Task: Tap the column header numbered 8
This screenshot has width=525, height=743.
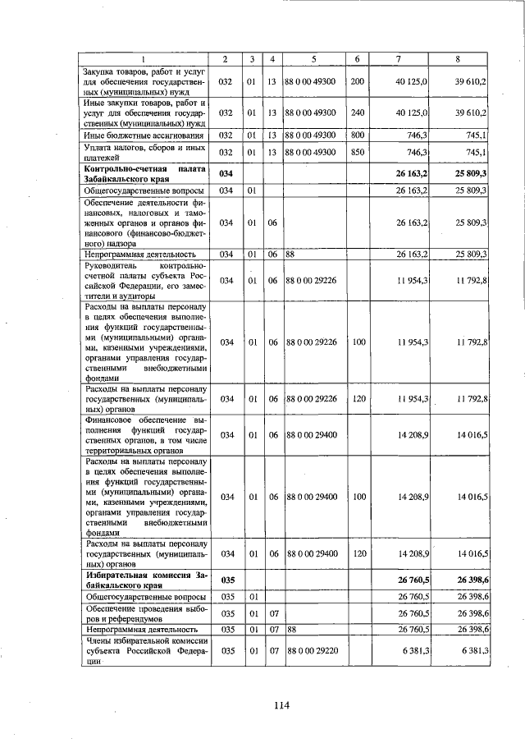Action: click(458, 59)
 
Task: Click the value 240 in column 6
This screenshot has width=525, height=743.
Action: click(358, 112)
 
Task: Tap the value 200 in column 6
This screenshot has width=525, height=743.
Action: click(358, 82)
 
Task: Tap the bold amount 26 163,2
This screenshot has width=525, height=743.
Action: click(412, 174)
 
